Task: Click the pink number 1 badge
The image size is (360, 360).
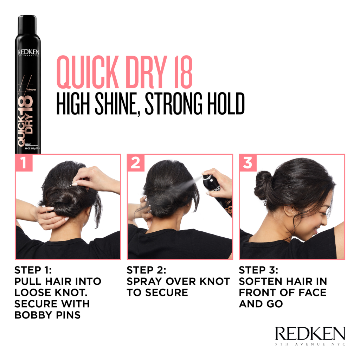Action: point(24,162)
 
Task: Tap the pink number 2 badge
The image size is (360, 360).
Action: point(136,162)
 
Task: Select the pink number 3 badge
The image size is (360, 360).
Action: point(248,162)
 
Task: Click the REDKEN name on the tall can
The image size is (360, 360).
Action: point(28,52)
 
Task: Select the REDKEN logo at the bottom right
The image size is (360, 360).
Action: point(310,334)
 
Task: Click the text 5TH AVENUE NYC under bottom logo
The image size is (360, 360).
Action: point(310,344)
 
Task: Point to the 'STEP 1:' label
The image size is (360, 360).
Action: point(33,270)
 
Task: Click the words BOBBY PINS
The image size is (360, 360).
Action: point(47,315)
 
